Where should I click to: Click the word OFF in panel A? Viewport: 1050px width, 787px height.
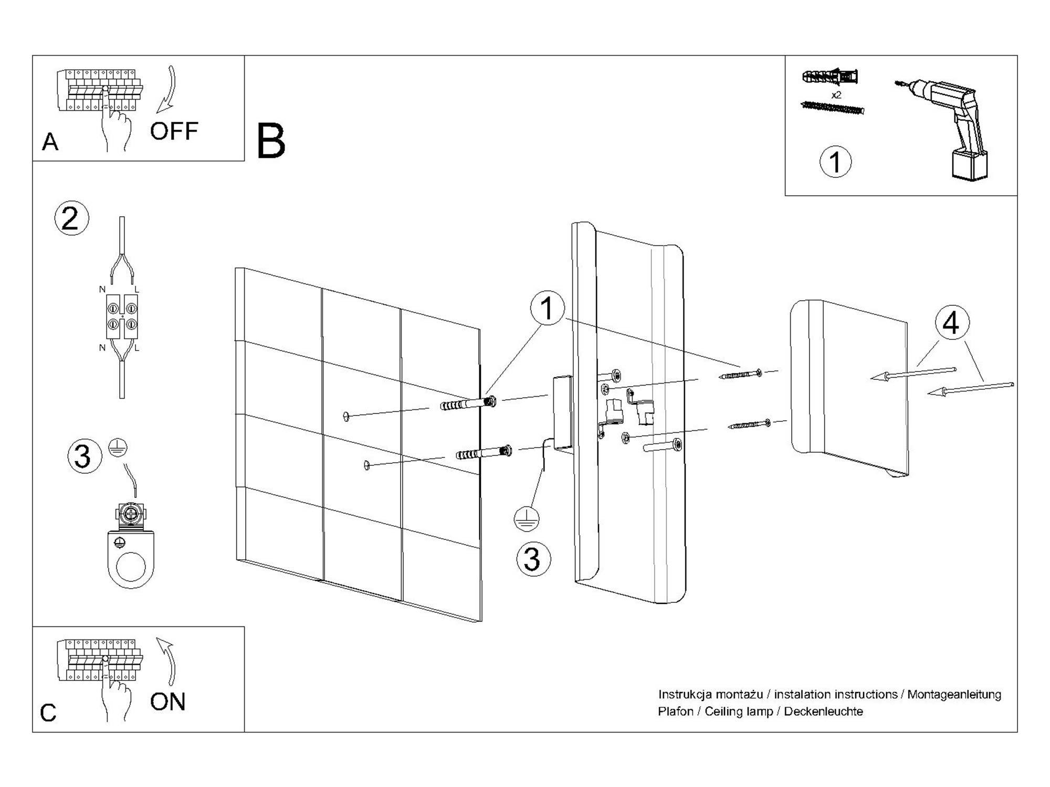point(174,131)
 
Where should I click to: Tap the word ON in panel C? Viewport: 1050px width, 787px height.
point(167,702)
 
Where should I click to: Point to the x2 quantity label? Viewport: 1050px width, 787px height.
point(836,95)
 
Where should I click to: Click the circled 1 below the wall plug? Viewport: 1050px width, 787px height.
point(835,162)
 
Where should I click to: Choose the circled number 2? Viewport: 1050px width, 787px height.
point(71,218)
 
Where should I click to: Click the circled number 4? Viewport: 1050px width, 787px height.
point(951,323)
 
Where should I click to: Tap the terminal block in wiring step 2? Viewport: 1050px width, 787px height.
point(122,316)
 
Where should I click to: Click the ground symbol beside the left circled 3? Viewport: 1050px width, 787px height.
point(118,448)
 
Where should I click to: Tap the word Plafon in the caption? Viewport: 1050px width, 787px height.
point(676,712)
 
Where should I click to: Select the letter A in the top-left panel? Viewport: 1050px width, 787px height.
point(50,142)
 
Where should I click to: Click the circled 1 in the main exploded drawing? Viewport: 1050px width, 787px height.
point(547,308)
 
